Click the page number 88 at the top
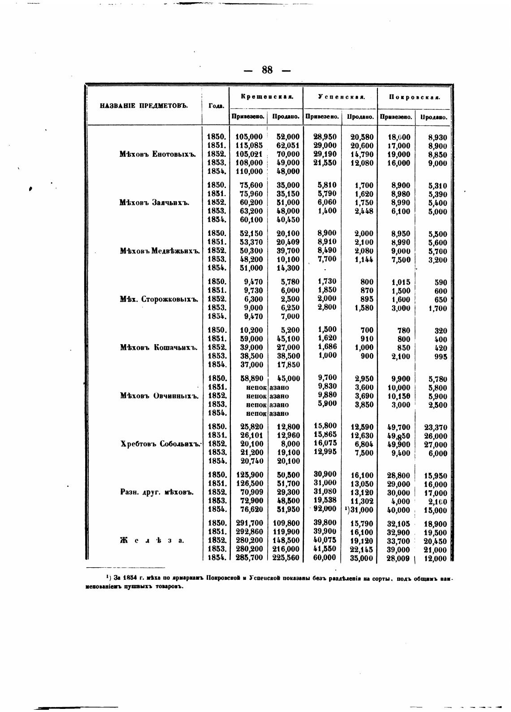(x=267, y=70)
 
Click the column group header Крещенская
(x=267, y=97)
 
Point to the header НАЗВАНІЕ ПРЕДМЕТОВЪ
(x=143, y=106)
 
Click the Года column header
(x=216, y=106)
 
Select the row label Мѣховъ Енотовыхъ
(x=158, y=154)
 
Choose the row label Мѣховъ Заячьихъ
(x=155, y=203)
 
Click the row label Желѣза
(x=152, y=540)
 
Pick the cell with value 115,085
(x=249, y=146)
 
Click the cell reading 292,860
(x=249, y=532)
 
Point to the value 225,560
(x=286, y=558)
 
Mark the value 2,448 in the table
(x=364, y=211)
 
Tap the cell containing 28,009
(x=398, y=558)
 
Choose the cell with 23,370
(x=435, y=427)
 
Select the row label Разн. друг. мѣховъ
(x=157, y=492)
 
